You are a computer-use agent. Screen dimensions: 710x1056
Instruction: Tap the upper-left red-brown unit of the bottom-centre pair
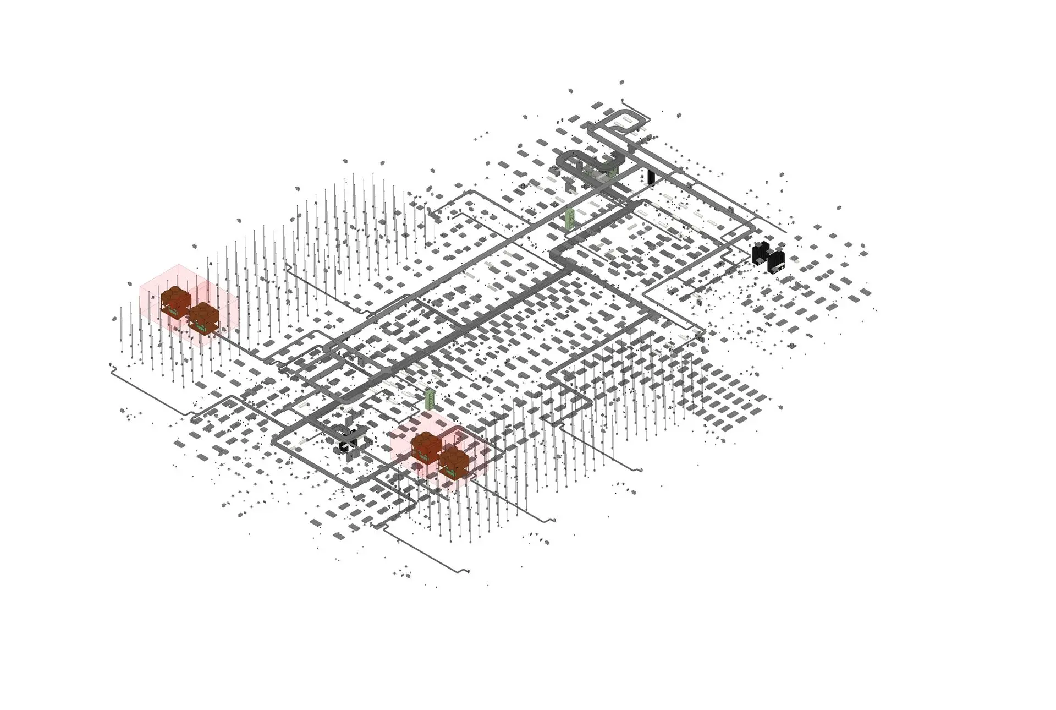click(x=426, y=446)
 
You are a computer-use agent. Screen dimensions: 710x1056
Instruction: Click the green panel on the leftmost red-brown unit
click(x=174, y=312)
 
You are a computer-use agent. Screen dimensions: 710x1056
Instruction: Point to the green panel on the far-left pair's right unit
click(x=201, y=329)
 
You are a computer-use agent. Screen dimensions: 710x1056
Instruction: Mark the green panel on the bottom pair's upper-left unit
click(x=424, y=456)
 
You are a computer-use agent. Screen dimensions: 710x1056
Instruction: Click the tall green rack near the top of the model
click(x=571, y=218)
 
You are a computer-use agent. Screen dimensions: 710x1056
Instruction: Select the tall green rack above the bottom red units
click(x=430, y=398)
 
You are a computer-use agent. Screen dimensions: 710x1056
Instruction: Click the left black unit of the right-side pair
click(x=761, y=254)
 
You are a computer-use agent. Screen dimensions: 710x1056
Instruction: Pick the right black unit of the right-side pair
click(x=776, y=261)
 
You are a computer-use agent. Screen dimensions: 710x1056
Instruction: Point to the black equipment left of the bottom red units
click(x=347, y=445)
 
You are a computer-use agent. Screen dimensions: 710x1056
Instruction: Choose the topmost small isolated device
click(x=622, y=82)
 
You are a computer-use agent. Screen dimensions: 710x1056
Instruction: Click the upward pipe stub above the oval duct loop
click(x=623, y=101)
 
